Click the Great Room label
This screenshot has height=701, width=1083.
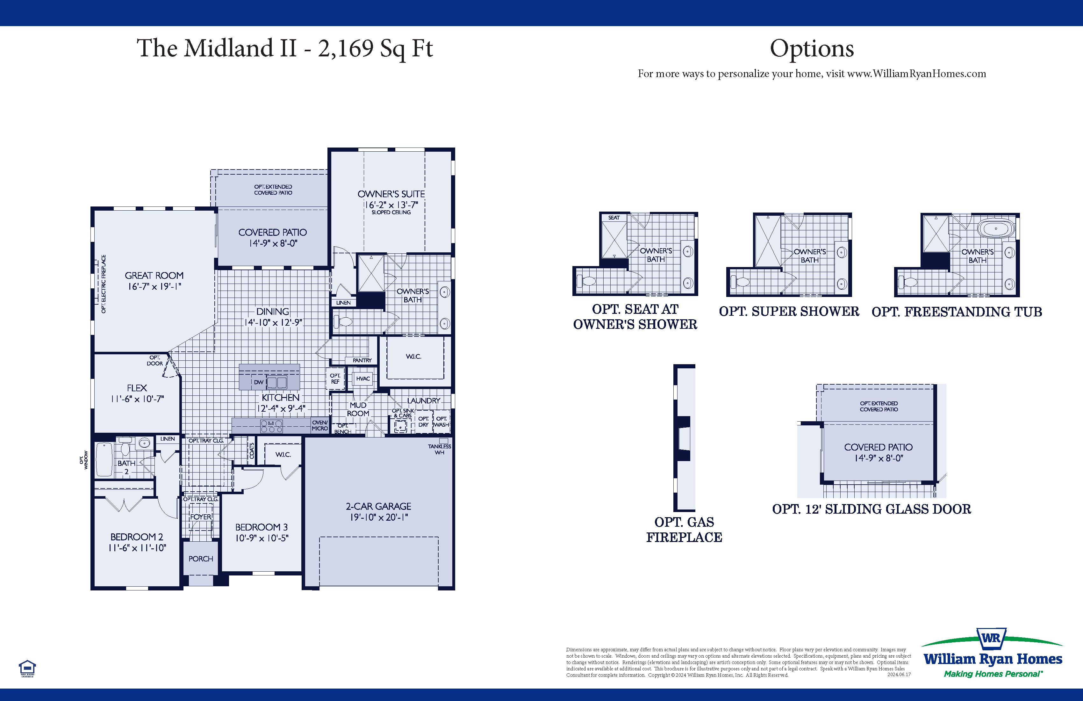tap(154, 275)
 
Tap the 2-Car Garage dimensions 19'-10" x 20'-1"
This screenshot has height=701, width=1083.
tap(379, 517)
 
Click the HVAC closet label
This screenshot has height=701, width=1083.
tap(363, 379)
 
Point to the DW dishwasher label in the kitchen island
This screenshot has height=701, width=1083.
tap(258, 382)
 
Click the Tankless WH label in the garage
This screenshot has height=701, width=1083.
tap(439, 449)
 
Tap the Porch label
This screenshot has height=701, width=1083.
tap(201, 559)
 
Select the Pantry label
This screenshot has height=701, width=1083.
tap(362, 360)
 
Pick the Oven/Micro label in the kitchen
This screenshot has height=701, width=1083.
tap(319, 425)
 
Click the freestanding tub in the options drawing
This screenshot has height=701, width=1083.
tap(996, 228)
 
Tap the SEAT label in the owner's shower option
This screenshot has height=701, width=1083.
tap(613, 218)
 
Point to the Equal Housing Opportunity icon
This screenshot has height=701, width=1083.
tap(27, 668)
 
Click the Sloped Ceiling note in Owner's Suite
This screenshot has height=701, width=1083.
tap(391, 213)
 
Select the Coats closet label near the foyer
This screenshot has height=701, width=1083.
tap(252, 451)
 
